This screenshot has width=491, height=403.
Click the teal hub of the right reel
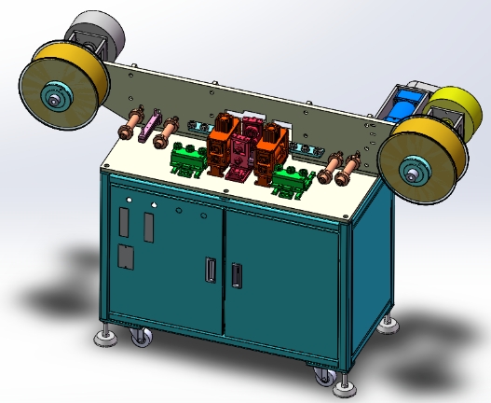point(413,171)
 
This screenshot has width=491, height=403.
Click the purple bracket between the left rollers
point(144,130)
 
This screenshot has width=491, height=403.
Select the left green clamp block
point(190,160)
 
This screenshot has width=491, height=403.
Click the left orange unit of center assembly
point(222,146)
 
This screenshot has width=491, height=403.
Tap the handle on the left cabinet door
point(209,270)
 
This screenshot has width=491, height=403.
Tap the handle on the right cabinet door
point(236,275)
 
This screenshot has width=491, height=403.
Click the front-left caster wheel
point(141,336)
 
